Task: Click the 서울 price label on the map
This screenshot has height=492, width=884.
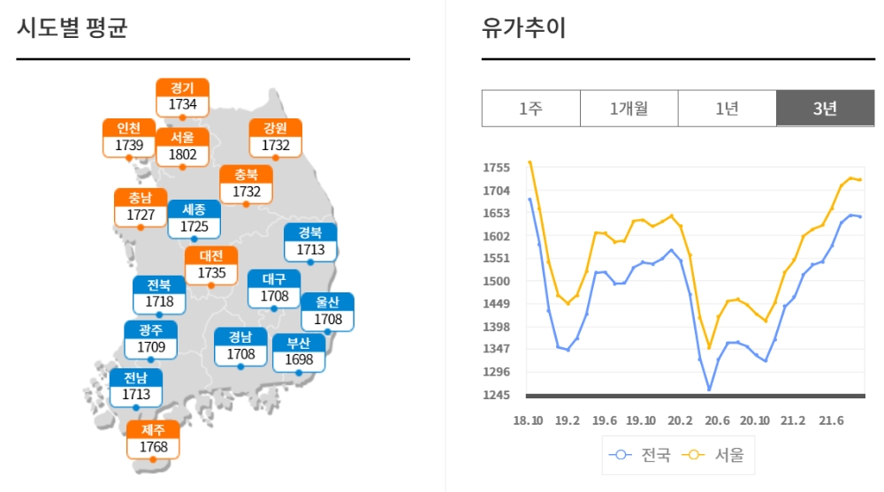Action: point(183,147)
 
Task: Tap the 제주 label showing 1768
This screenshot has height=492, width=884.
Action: point(154,439)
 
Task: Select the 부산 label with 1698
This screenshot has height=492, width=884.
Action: point(299,352)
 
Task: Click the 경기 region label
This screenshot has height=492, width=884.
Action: point(183,96)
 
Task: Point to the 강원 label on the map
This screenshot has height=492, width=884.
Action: point(276,137)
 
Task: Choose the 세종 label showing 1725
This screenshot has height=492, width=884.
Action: point(194,218)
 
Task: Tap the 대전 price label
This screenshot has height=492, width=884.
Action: point(212,265)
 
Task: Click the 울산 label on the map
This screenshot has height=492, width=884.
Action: point(328,311)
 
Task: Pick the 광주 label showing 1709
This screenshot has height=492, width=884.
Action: point(151,339)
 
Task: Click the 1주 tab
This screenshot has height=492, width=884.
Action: point(530,109)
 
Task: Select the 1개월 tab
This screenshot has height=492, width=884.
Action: point(629,109)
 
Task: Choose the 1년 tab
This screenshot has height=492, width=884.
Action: point(727,109)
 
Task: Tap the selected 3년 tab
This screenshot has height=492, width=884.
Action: point(825,109)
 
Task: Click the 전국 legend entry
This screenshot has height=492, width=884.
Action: point(640,455)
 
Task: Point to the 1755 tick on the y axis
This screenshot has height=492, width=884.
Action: point(497,168)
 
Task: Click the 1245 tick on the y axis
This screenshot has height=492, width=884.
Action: point(497,395)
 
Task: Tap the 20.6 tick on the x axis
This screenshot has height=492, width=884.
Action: point(718,420)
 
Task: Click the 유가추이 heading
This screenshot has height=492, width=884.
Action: point(523,28)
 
